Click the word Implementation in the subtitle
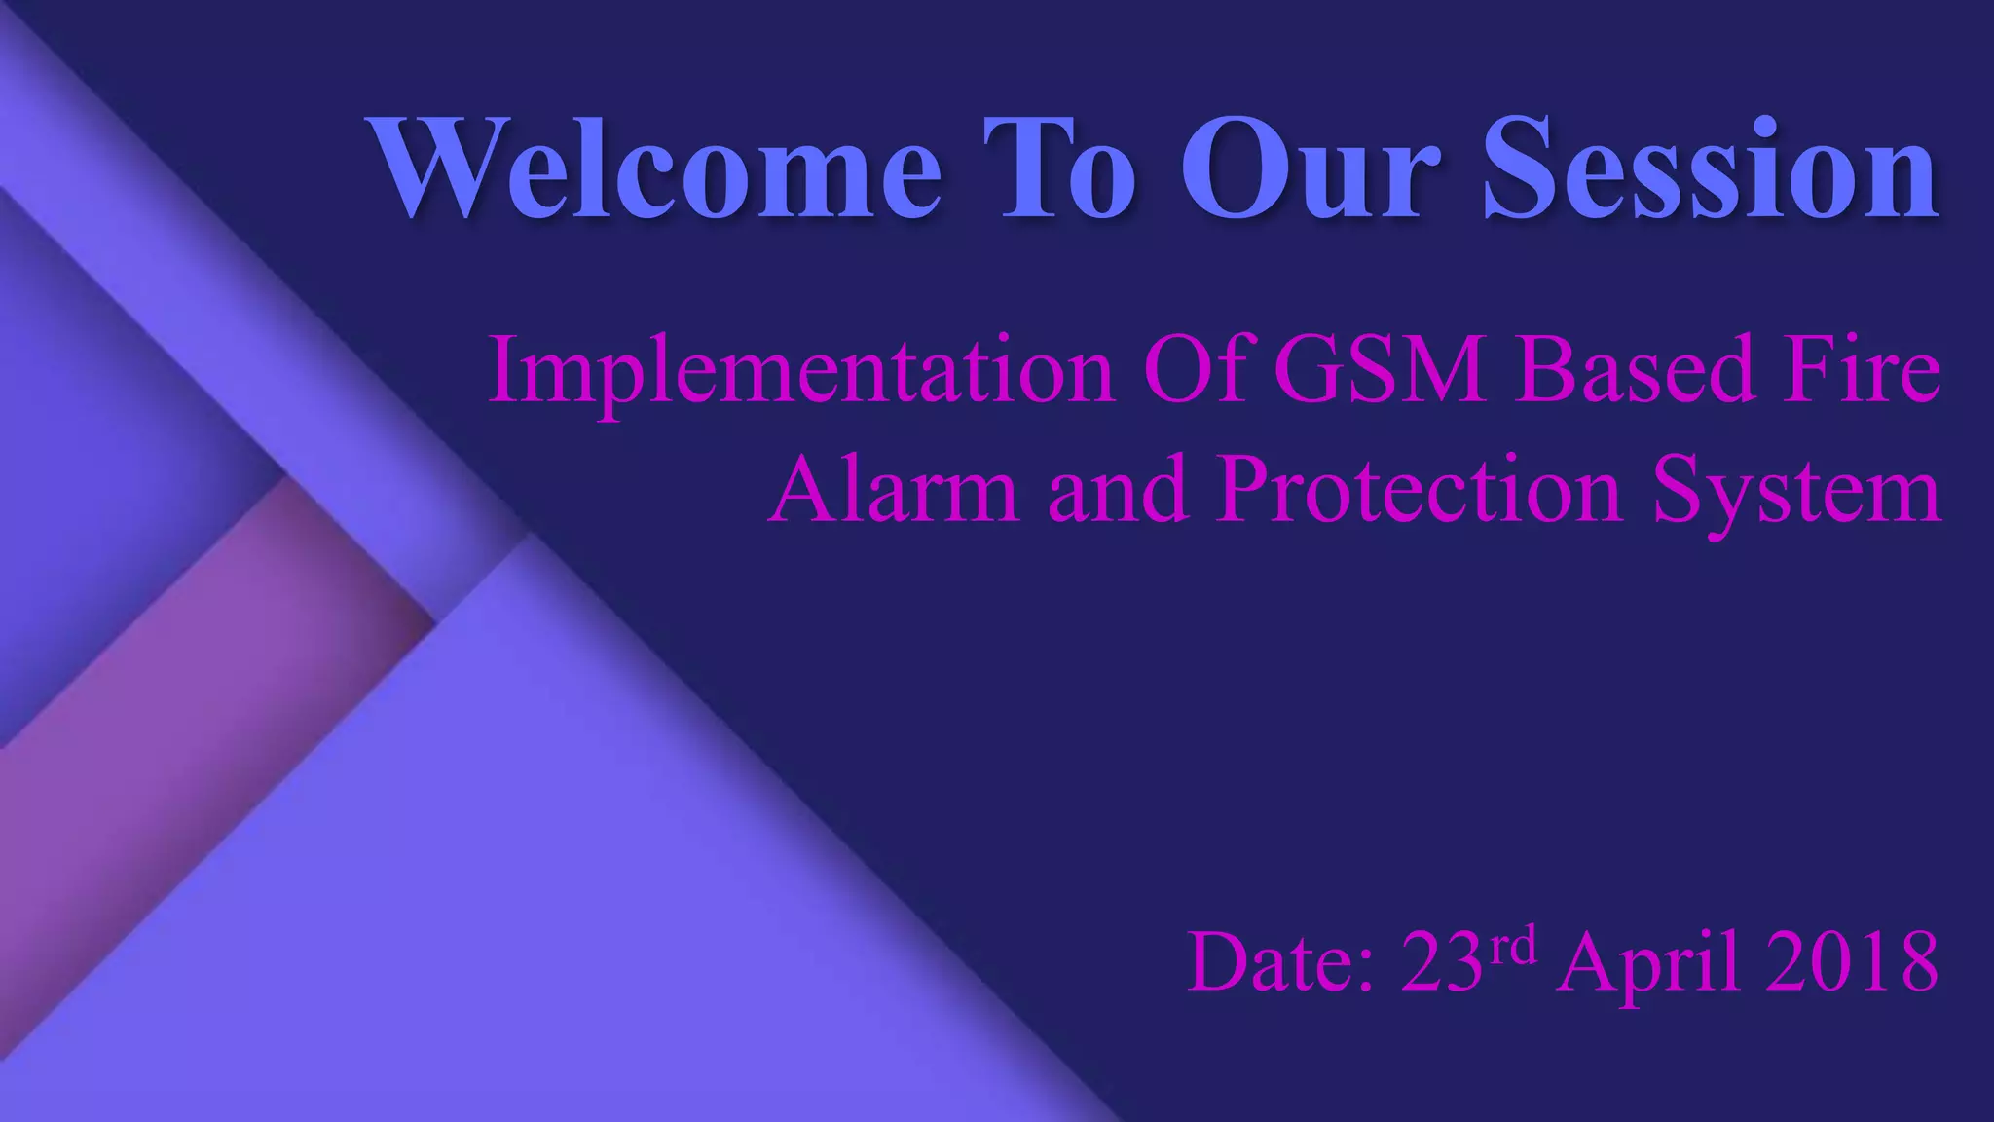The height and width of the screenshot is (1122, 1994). pyautogui.click(x=800, y=370)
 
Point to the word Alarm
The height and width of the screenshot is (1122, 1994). pyautogui.click(x=894, y=489)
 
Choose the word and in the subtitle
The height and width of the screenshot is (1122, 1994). pyautogui.click(x=1118, y=489)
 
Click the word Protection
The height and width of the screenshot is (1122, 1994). pyautogui.click(x=1420, y=489)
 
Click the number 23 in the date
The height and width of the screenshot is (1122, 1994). pyautogui.click(x=1442, y=962)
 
